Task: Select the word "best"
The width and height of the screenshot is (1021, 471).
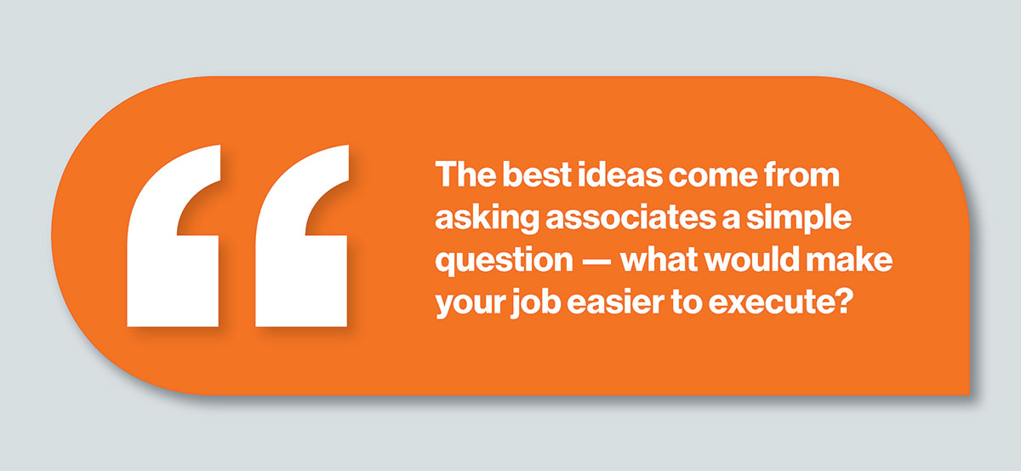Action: tap(537, 175)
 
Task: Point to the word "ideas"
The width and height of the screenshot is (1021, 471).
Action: tap(620, 175)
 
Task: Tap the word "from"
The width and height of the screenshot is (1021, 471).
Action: tap(801, 175)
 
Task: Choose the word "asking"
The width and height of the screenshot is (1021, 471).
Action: tap(488, 219)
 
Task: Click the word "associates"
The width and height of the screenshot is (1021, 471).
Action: tap(630, 217)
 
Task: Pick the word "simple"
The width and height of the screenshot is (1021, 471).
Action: tap(799, 219)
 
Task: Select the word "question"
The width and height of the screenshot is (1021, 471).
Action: tap(504, 261)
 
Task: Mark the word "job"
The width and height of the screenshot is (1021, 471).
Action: tap(536, 302)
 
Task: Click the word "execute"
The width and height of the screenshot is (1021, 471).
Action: tap(771, 302)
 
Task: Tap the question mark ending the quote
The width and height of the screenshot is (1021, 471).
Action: tap(843, 301)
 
